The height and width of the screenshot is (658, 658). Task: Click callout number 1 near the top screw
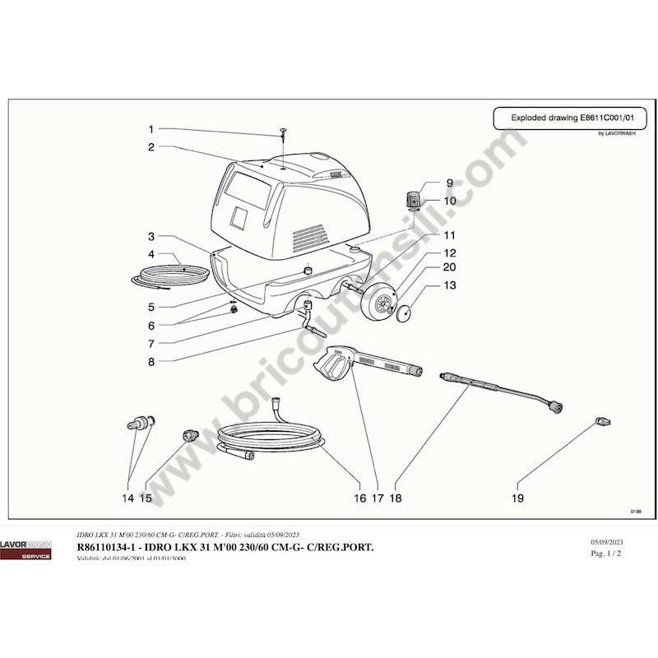(x=151, y=129)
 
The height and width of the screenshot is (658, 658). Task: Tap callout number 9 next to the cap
(x=450, y=183)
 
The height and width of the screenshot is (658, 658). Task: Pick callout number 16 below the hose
(x=359, y=498)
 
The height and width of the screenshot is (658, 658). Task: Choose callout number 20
(x=450, y=267)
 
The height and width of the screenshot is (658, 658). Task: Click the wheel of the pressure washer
(x=381, y=304)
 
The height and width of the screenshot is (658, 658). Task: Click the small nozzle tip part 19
(x=603, y=422)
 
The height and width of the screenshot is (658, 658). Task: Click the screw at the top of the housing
(x=282, y=133)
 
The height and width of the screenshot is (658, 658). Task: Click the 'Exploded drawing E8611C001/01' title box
(x=568, y=118)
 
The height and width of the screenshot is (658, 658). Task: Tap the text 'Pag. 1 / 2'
(x=608, y=554)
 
